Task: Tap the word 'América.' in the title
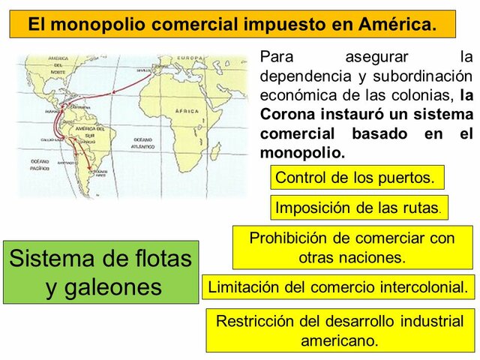(397, 24)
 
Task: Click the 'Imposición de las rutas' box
(359, 207)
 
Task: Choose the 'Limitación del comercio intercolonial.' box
(338, 286)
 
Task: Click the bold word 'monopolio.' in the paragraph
(302, 152)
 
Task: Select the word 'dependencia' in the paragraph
(304, 76)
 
